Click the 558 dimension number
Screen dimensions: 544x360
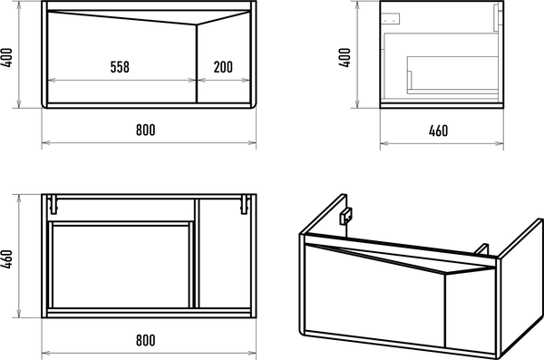pyautogui.click(x=120, y=67)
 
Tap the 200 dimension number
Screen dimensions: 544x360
pyautogui.click(x=223, y=67)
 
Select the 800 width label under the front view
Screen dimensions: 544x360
pyautogui.click(x=146, y=130)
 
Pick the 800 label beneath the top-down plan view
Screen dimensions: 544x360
pyautogui.click(x=146, y=340)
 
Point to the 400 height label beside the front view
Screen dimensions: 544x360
pyautogui.click(x=7, y=57)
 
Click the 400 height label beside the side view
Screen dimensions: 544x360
pyautogui.click(x=345, y=57)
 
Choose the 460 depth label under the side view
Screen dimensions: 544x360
pyautogui.click(x=438, y=131)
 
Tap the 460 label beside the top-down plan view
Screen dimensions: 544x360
pyautogui.click(x=7, y=259)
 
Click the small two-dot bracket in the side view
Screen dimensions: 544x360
pyautogui.click(x=392, y=19)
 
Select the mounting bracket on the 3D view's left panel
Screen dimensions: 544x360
pyautogui.click(x=345, y=216)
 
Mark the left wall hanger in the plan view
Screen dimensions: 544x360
pyautogui.click(x=53, y=204)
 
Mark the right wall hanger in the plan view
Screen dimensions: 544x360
pyautogui.click(x=245, y=204)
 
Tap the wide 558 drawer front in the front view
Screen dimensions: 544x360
pyautogui.click(x=121, y=57)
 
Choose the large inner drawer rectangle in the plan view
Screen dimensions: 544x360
pyautogui.click(x=121, y=267)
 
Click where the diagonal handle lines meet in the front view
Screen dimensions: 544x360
pyautogui.click(x=197, y=24)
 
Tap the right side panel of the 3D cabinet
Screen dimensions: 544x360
pyautogui.click(x=520, y=288)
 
